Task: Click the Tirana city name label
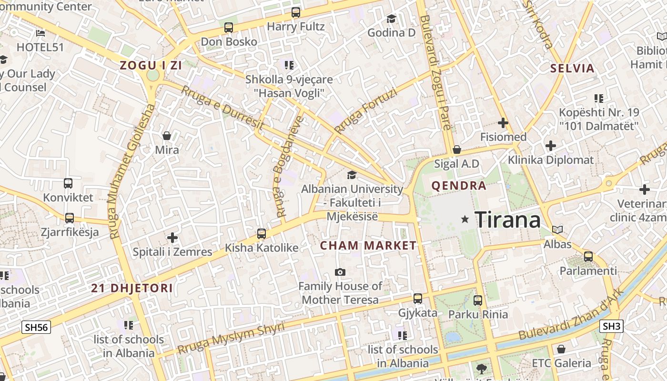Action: pyautogui.click(x=508, y=220)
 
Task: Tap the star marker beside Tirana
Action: pyautogui.click(x=465, y=219)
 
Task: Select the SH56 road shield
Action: pyautogui.click(x=36, y=327)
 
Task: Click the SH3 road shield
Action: pyautogui.click(x=611, y=326)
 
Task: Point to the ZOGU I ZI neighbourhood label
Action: pyautogui.click(x=151, y=66)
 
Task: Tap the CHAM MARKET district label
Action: pyautogui.click(x=368, y=246)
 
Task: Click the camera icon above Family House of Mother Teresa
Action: pyautogui.click(x=340, y=272)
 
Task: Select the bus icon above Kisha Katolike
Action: pyautogui.click(x=261, y=234)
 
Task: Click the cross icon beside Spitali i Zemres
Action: pyautogui.click(x=172, y=237)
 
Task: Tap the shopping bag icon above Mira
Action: pyautogui.click(x=167, y=136)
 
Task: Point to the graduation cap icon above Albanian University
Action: pyautogui.click(x=352, y=175)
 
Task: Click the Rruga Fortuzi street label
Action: pyautogui.click(x=365, y=111)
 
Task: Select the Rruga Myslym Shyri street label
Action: pyautogui.click(x=231, y=338)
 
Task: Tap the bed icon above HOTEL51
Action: pyautogui.click(x=40, y=33)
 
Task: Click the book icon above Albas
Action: pyautogui.click(x=557, y=230)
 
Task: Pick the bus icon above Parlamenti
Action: pyautogui.click(x=588, y=256)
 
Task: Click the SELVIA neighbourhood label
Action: pyautogui.click(x=573, y=68)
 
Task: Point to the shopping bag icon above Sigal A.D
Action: pyautogui.click(x=456, y=150)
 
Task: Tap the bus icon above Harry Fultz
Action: pyautogui.click(x=296, y=12)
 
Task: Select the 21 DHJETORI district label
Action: pyautogui.click(x=132, y=288)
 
